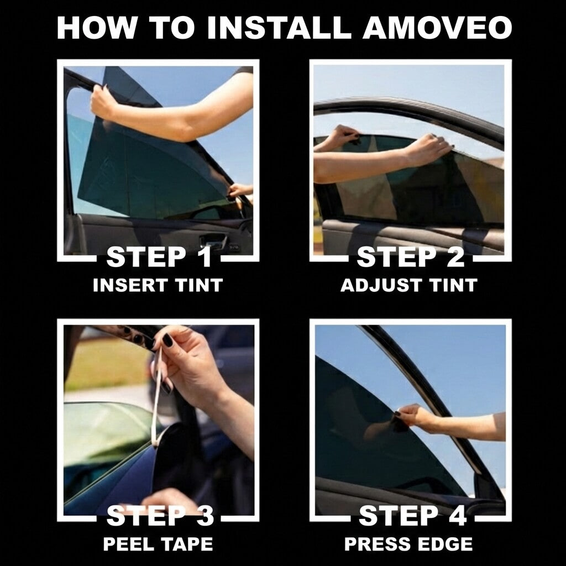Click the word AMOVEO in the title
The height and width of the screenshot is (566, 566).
coord(437,28)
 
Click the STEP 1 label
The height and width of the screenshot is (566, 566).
coord(159,258)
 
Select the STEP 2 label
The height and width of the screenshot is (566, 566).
coord(410,258)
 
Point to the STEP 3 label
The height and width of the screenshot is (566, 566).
coord(160,516)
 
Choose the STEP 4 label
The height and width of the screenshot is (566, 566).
coord(412,516)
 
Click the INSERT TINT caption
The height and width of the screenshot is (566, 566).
coord(158,285)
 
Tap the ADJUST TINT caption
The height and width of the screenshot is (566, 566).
coord(408,285)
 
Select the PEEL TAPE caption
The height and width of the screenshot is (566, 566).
coord(158,544)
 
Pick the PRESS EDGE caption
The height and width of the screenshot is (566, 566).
coord(408,544)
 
